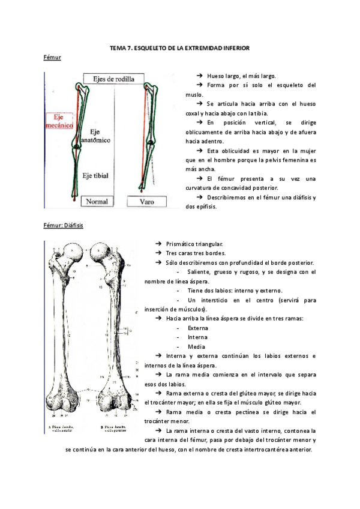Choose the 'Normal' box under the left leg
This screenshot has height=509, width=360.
pos(97,202)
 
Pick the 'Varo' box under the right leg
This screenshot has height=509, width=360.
pos(146,202)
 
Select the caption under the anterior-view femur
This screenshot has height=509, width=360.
pos(63,429)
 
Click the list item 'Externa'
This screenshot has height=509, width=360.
pos(197,328)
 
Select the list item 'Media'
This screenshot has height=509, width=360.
pos(196,346)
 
